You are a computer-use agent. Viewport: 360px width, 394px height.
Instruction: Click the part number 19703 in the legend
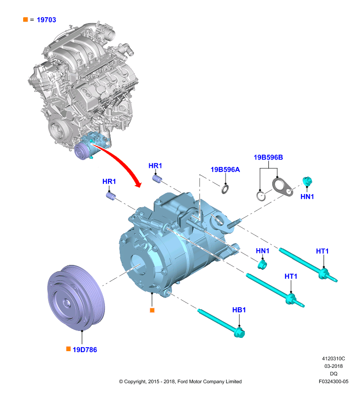[x=46, y=20]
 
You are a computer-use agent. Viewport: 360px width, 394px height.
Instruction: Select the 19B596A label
[x=225, y=169]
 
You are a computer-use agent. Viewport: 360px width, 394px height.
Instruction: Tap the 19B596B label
[x=268, y=157]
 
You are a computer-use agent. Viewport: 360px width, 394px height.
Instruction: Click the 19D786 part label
[x=85, y=350]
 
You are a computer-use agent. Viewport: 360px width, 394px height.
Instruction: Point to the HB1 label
[x=239, y=310]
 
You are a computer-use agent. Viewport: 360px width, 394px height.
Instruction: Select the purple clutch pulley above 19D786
[x=76, y=297]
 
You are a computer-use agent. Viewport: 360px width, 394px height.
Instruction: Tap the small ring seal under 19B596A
[x=225, y=189]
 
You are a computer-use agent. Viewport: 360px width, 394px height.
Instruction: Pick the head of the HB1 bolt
[x=239, y=333]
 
